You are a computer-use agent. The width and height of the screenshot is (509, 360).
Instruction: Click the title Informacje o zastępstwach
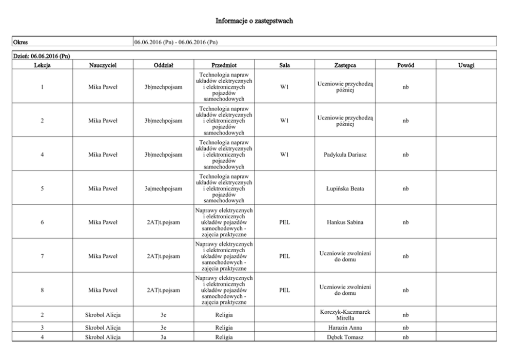254,21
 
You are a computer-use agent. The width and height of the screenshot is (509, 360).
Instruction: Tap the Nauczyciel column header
103,65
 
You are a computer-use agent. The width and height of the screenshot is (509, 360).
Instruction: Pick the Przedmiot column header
224,65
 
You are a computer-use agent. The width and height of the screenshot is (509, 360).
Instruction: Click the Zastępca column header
345,65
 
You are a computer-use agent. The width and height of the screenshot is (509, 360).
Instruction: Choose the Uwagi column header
466,65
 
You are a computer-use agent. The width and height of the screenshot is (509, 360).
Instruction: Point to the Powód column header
405,65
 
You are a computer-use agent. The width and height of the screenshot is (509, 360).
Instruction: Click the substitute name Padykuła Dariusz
345,155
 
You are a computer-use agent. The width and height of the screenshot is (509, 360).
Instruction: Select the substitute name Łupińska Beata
345,188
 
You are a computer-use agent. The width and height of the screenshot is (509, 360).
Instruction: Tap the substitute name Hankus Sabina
345,222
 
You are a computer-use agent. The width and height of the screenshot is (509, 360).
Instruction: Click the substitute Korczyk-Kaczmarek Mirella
345,314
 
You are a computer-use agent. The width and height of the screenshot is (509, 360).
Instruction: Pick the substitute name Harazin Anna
345,328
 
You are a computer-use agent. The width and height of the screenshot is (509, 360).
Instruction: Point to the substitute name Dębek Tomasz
345,337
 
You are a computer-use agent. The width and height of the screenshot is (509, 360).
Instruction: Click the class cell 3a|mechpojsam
163,188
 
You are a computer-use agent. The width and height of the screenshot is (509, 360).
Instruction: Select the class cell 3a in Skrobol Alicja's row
163,337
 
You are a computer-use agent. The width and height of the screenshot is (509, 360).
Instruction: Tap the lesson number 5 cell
42,188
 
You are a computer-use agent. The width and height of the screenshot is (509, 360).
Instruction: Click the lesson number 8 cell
42,290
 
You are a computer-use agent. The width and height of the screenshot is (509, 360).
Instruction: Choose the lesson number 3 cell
42,328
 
